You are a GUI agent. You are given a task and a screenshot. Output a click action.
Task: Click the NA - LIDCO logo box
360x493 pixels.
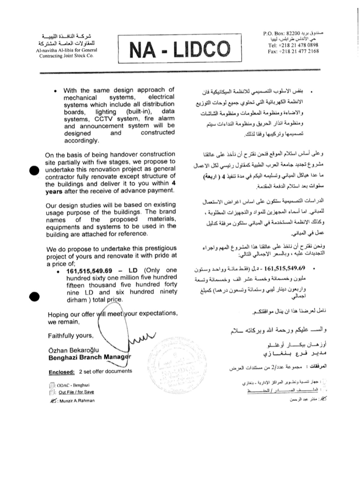tap(179, 49)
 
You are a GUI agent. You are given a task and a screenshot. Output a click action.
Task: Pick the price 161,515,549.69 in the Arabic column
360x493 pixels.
tap(285, 268)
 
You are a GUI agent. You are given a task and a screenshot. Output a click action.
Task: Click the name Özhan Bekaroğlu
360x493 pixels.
tap(73, 350)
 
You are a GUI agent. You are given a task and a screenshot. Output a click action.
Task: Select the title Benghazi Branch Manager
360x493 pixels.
tap(90, 358)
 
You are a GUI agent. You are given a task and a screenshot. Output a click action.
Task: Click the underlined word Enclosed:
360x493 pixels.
tap(62, 372)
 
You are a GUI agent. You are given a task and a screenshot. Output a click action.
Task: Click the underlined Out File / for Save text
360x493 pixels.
tap(76, 392)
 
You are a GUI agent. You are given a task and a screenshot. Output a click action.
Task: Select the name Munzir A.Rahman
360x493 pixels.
tap(77, 401)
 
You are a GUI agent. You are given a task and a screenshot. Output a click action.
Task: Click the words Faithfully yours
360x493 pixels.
tap(70, 336)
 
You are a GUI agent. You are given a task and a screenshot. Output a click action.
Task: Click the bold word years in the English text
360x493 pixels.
tap(54, 191)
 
